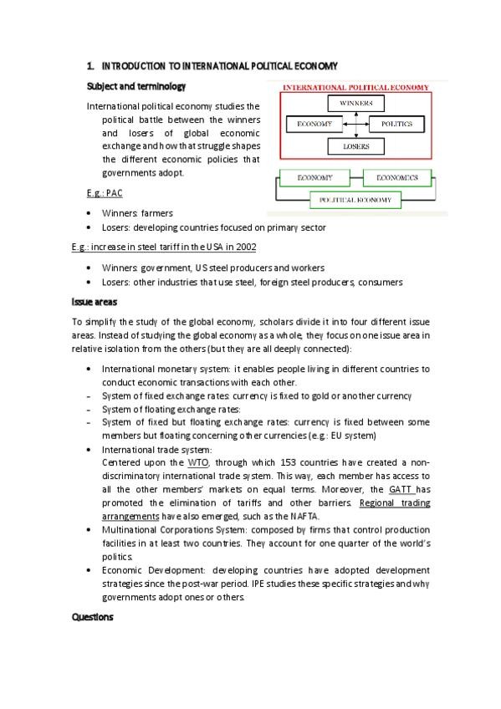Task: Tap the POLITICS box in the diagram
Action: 396,124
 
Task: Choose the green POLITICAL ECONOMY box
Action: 355,201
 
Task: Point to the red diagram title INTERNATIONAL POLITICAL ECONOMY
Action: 356,86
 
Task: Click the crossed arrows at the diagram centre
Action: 355,125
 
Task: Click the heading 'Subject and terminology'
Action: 136,86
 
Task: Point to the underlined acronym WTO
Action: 198,462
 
